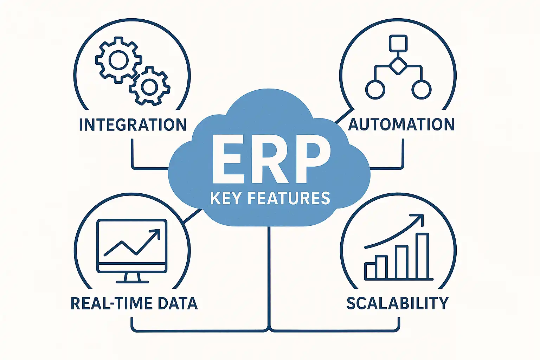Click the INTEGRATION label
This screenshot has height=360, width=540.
(133, 125)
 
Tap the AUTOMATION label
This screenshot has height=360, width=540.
(401, 124)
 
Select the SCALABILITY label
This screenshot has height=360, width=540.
(397, 303)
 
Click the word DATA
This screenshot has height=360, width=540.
(178, 303)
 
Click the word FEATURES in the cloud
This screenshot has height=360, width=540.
(289, 198)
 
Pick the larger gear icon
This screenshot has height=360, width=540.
(118, 60)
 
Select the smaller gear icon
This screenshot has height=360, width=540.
(150, 86)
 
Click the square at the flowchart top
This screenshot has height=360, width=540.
(398, 44)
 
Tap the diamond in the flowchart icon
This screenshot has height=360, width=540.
(398, 65)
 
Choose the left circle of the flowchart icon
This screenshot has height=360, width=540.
(375, 89)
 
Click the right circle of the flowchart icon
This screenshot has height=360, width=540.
(421, 89)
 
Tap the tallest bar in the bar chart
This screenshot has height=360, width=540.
(422, 256)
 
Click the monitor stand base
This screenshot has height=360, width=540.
(132, 281)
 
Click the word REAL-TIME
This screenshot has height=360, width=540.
(111, 303)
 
